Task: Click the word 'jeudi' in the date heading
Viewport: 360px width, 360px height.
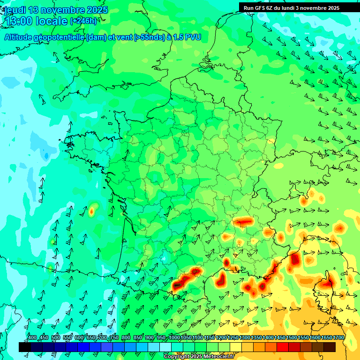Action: tap(15, 10)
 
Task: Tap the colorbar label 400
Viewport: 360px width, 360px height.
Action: tap(32, 338)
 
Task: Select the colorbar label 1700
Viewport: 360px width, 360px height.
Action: tap(338, 338)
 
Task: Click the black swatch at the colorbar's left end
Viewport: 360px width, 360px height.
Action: tap(25, 347)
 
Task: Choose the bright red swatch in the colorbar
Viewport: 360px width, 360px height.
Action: tap(283, 347)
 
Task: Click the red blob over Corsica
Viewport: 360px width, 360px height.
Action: tap(327, 283)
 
